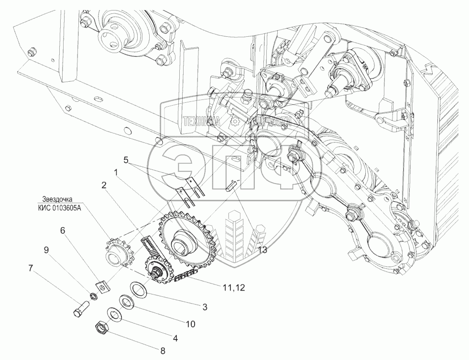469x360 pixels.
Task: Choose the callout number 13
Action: pos(262,250)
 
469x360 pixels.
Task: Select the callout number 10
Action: pos(190,324)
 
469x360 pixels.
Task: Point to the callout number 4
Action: pos(175,338)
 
